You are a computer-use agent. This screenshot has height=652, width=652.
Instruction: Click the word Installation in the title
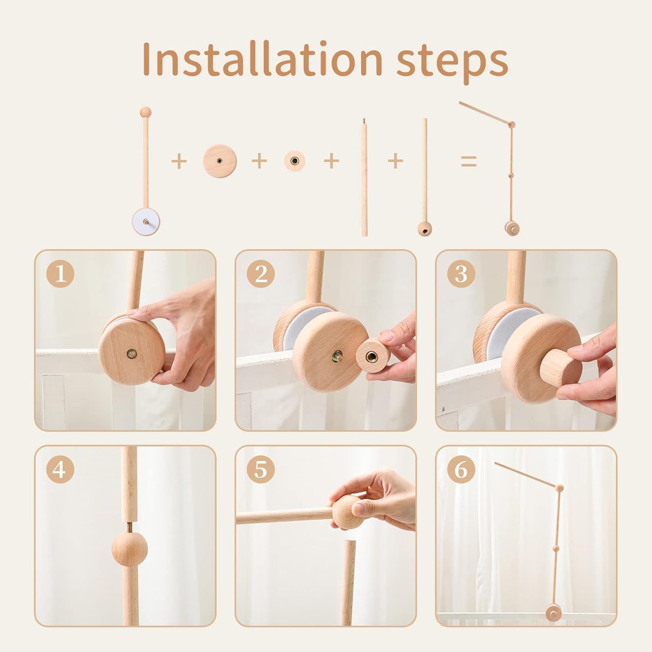262,60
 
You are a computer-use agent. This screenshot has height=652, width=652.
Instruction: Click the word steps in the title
452,62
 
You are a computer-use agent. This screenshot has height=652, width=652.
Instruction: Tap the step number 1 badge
60,274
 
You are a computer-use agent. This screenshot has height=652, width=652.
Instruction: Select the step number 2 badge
260,274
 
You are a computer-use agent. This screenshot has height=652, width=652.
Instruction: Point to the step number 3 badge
461,274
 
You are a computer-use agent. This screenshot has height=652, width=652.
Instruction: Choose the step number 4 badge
60,470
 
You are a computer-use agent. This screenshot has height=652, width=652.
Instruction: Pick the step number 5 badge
260,470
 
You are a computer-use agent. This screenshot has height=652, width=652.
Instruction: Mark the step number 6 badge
461,470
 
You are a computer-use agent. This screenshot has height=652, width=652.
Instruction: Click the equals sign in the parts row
468,161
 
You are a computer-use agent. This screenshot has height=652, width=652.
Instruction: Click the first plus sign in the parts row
179,161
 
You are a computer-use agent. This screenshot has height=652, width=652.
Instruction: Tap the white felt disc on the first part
146,222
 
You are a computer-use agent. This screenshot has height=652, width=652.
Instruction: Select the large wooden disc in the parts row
219,161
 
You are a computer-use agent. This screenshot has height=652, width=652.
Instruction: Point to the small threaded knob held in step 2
373,356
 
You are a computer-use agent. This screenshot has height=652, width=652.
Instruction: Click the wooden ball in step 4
126,548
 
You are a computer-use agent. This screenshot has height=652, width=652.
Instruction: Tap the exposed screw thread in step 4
128,527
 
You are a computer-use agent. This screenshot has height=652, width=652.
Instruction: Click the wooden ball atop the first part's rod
145,112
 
